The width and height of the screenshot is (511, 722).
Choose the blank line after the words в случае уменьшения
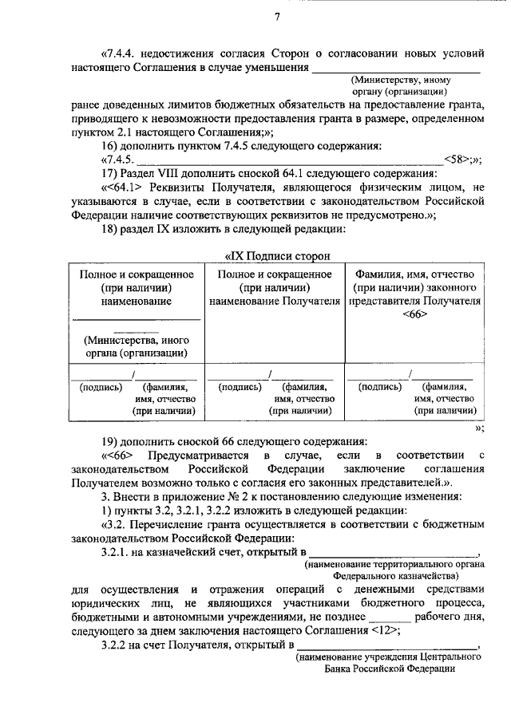click(x=397, y=69)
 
